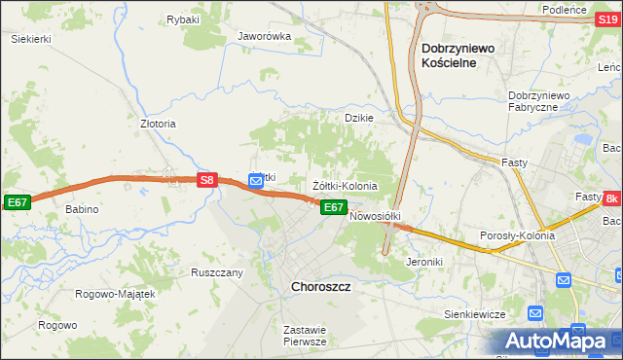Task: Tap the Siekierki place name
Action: click(30, 39)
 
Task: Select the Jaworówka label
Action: click(265, 37)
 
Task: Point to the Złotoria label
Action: click(158, 125)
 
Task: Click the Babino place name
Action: click(83, 209)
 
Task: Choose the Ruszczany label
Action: click(217, 272)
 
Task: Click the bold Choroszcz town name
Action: click(321, 288)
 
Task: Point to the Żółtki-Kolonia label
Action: click(345, 185)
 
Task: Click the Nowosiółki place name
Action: click(376, 216)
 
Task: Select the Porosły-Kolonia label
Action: click(518, 235)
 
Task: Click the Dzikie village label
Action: click(359, 118)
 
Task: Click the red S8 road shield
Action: click(205, 180)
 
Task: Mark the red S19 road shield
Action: click(605, 29)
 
